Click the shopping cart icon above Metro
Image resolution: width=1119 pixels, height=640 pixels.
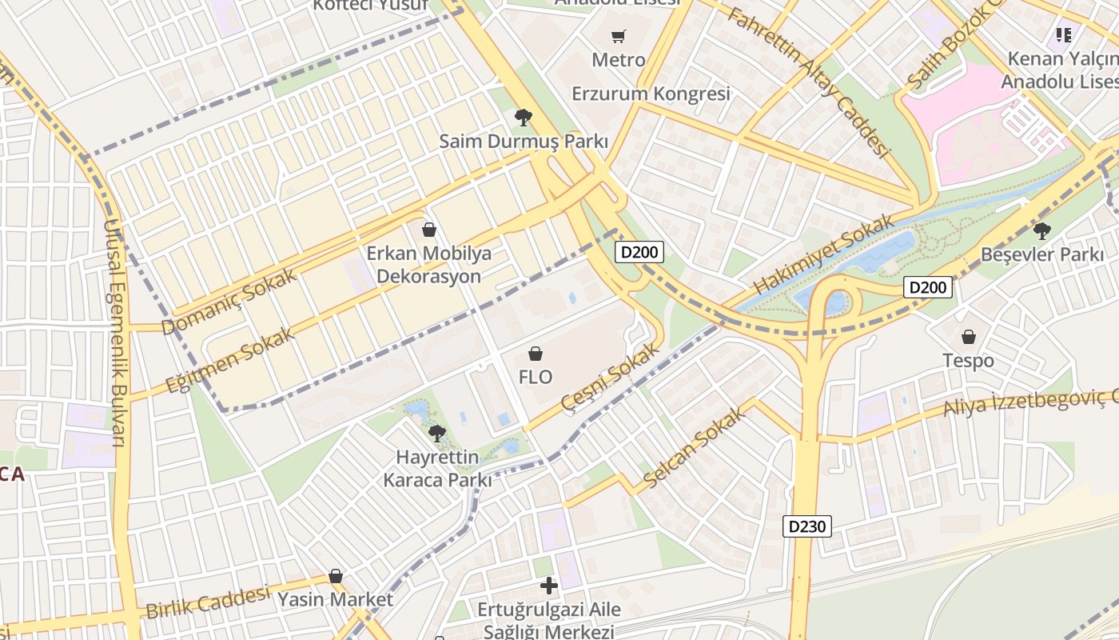618,36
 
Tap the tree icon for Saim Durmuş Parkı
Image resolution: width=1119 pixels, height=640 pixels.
524,118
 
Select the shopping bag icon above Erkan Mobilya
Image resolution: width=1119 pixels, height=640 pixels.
429,230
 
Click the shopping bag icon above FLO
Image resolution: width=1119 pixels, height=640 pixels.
536,353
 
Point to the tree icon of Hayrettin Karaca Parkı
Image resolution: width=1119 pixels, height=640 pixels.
436,434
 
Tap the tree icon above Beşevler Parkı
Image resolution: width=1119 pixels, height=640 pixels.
1041,231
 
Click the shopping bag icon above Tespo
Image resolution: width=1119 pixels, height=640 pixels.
968,337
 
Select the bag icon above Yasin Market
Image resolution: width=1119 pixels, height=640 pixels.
336,576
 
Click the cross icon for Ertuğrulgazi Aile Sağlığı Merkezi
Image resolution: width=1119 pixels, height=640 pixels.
549,586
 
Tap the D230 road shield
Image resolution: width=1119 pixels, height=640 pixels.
807,526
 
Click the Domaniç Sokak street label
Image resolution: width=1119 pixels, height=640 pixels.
229,302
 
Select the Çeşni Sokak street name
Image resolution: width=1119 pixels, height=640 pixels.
611,375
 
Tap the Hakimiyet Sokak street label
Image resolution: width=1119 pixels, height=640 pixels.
824,254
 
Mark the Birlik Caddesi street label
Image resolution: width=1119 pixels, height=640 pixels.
208,602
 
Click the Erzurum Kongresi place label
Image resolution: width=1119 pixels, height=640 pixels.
651,94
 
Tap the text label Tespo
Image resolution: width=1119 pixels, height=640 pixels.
968,361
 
